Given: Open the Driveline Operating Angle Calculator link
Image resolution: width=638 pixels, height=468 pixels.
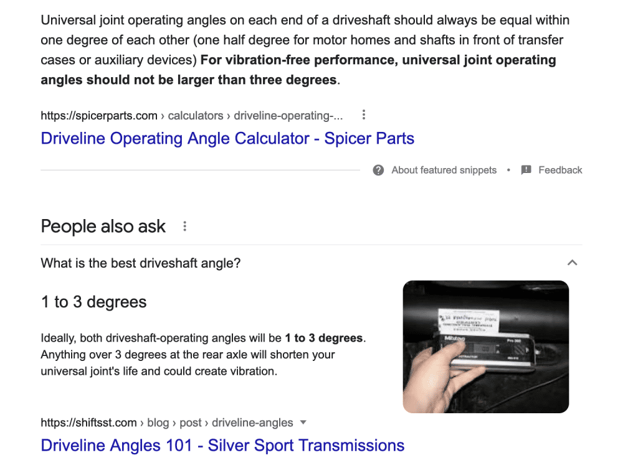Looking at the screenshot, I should tap(227, 138).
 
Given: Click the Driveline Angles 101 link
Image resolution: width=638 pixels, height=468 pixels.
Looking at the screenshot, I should tap(222, 446).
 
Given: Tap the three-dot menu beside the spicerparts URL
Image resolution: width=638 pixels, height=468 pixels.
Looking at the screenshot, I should tap(364, 115).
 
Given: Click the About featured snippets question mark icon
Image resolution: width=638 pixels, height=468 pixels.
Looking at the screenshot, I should tap(378, 170).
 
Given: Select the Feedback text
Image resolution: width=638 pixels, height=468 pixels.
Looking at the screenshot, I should tap(560, 170).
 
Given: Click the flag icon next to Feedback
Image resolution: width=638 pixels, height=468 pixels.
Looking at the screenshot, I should tap(526, 170).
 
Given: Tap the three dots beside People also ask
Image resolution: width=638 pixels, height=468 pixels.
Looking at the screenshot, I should tap(184, 227).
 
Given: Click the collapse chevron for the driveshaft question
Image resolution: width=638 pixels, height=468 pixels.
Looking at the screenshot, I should tap(572, 263).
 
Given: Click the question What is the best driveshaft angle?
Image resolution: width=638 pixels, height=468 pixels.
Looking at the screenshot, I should tap(141, 263).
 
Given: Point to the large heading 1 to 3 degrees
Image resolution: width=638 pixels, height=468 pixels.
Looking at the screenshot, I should tap(94, 302).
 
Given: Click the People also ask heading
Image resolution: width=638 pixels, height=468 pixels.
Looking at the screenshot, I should tap(103, 227).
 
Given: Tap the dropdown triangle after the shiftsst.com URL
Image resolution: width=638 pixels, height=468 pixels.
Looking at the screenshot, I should tap(303, 423).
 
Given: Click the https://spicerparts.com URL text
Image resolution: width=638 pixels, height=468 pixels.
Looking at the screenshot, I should tap(99, 115).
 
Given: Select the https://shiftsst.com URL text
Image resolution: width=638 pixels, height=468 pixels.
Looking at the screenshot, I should tap(88, 423).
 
